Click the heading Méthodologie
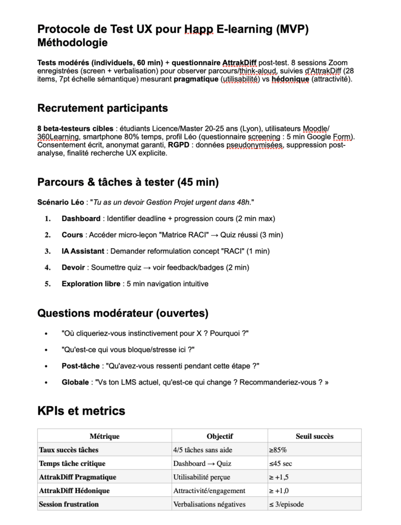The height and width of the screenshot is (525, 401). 72,43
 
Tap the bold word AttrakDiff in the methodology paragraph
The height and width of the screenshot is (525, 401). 239,62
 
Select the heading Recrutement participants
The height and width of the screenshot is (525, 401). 102,108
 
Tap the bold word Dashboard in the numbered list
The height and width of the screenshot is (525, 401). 81,218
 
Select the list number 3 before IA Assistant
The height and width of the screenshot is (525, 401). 48,251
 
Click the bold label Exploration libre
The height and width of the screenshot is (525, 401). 90,284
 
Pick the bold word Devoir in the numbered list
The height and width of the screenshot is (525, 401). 74,267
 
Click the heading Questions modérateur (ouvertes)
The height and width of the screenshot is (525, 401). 123,312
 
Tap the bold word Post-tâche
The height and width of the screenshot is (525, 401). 81,366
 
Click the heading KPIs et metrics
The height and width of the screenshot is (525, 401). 81,411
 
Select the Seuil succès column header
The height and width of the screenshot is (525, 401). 314,436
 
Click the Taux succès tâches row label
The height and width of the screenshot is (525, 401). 69,450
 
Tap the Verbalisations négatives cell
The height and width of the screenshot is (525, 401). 209,504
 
